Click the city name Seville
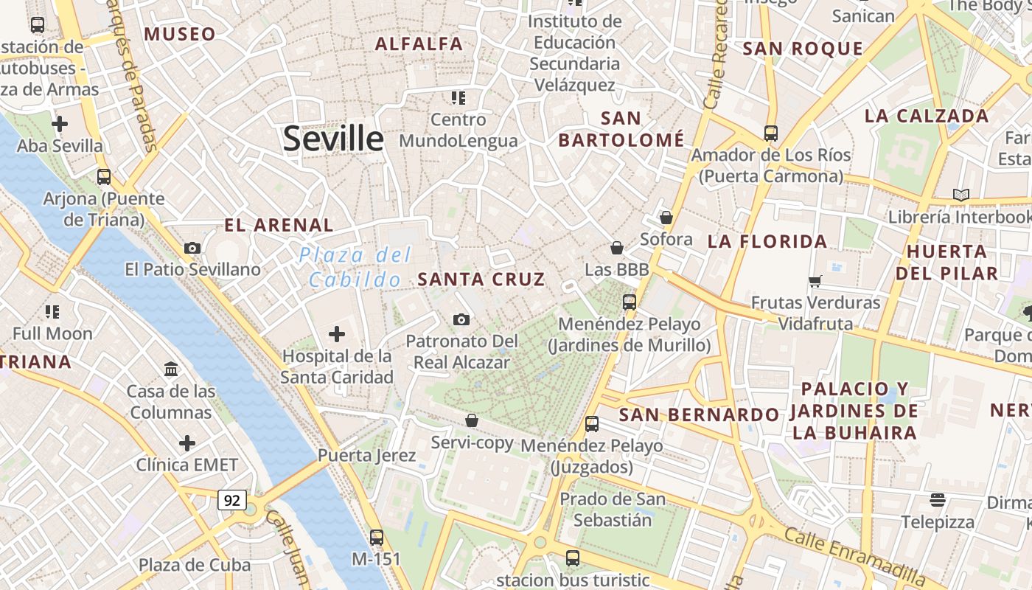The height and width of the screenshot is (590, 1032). coord(333,139)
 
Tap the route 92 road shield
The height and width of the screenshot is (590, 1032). coord(231,500)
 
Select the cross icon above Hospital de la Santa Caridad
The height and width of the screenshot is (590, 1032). coord(337,334)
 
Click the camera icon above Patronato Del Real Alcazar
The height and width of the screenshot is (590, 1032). coord(461,319)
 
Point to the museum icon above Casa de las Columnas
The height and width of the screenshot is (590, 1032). coord(171,369)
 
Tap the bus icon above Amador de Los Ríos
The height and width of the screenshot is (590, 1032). coord(770,133)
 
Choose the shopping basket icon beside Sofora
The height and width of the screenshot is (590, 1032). coord(666,218)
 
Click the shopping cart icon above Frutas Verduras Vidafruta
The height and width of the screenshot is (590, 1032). coord(815,281)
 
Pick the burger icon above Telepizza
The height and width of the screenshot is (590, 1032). coord(937,500)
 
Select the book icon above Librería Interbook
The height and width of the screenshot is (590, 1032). coord(960,195)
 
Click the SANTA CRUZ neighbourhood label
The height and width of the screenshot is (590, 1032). coord(481,280)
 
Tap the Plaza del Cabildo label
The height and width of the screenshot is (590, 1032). coord(355,267)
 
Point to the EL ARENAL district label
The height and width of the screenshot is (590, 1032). coord(279,225)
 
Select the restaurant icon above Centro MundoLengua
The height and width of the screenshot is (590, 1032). coord(459,97)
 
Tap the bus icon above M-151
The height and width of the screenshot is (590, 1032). coord(377,537)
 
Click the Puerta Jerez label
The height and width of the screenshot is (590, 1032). coord(366,455)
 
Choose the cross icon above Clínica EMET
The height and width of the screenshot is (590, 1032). coord(187,443)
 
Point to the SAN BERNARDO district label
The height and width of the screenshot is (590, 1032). coord(699,414)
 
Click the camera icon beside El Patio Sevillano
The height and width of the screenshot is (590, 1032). coord(192,248)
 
